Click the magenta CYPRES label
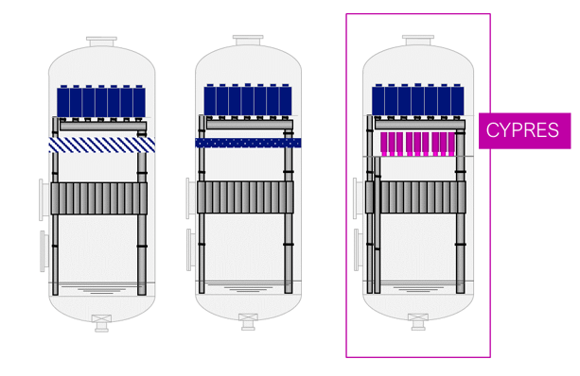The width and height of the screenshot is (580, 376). coord(524,130)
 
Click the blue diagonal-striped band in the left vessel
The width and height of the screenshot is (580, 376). coord(102,145)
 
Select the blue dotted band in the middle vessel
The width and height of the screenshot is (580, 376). coord(248,143)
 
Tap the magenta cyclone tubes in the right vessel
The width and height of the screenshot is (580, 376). coord(418,144)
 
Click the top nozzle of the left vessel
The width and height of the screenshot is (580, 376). coord(102,42)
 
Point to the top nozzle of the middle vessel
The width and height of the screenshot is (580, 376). coord(248,40)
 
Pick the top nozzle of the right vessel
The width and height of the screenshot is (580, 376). coord(418,40)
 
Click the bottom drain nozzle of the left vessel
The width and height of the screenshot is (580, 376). coord(101,323)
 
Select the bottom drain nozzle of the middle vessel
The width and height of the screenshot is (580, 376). coord(248,322)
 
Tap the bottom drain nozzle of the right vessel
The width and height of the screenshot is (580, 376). coord(418,322)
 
